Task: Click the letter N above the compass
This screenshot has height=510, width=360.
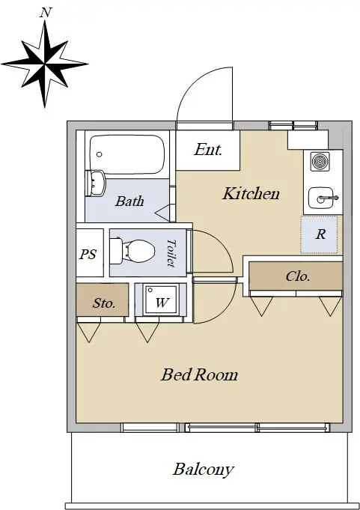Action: pyautogui.click(x=46, y=13)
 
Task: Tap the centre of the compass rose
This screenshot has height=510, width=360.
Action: pyautogui.click(x=44, y=64)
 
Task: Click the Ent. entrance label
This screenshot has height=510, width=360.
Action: pyautogui.click(x=208, y=150)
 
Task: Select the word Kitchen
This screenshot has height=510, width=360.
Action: pyautogui.click(x=251, y=193)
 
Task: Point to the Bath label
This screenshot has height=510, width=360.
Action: pyautogui.click(x=129, y=201)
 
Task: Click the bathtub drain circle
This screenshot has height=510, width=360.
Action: pyautogui.click(x=100, y=154)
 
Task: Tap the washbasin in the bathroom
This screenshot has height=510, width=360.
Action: pyautogui.click(x=96, y=183)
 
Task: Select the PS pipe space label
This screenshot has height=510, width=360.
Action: pyautogui.click(x=88, y=254)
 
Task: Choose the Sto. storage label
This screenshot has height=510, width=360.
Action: pyautogui.click(x=104, y=303)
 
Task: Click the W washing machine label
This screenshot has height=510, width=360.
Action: pyautogui.click(x=162, y=303)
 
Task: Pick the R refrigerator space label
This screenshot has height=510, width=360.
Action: pyautogui.click(x=320, y=234)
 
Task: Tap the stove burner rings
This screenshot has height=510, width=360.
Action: pyautogui.click(x=320, y=161)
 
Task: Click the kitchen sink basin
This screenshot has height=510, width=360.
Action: pyautogui.click(x=321, y=198)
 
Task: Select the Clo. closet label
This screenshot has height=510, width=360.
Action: pyautogui.click(x=298, y=276)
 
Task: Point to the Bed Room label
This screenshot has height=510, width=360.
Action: pyautogui.click(x=200, y=374)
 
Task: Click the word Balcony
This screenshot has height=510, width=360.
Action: pyautogui.click(x=204, y=470)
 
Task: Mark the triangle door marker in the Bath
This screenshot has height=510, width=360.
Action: pyautogui.click(x=162, y=213)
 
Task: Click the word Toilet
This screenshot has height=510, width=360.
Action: pyautogui.click(x=171, y=253)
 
